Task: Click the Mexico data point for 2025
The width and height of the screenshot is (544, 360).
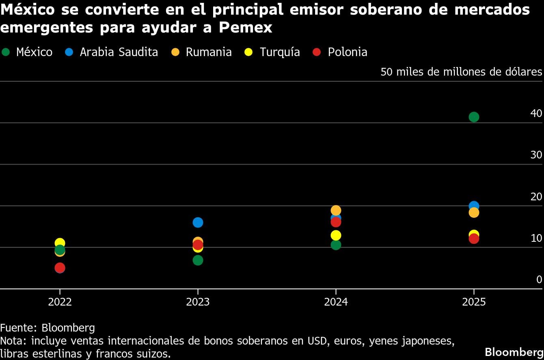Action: coord(474,117)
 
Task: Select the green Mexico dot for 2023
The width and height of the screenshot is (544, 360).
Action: coord(198,260)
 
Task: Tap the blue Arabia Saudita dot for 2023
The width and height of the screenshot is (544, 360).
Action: coord(198,222)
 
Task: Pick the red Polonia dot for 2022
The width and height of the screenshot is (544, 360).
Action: coord(60,268)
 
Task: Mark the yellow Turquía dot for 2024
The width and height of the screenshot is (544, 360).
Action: coord(336,235)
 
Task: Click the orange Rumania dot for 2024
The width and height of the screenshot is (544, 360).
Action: coord(336,210)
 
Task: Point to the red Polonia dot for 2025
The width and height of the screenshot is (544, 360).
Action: coord(474,239)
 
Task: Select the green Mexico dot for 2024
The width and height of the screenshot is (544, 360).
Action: coord(336,245)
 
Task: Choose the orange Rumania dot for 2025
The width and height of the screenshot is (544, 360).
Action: coord(474,213)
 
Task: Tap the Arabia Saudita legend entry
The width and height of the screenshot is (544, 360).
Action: coord(112,52)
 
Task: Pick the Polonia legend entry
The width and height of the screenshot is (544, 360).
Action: coord(341,52)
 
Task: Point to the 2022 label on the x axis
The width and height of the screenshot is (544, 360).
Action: coord(60,302)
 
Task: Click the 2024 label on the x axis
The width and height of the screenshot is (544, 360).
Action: coord(336,302)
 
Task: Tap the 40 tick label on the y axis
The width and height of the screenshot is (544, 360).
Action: coord(536,113)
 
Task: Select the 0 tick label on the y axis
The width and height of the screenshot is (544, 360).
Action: coord(539,279)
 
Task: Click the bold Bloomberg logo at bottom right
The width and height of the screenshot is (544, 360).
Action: coord(513,351)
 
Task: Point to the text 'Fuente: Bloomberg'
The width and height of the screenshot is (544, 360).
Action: coord(47,328)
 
